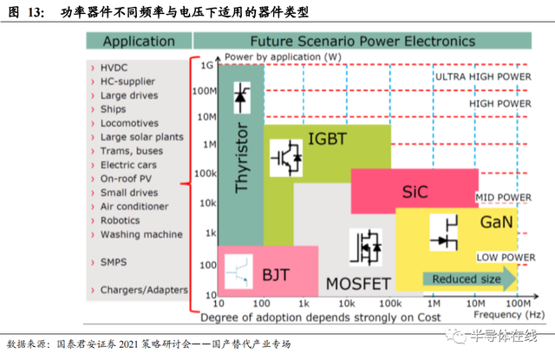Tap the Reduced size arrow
tap(468, 279)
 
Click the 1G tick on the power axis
tap(207, 66)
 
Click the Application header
tap(138, 42)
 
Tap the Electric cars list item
tap(129, 165)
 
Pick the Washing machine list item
tap(141, 234)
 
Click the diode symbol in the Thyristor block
tap(239, 101)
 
